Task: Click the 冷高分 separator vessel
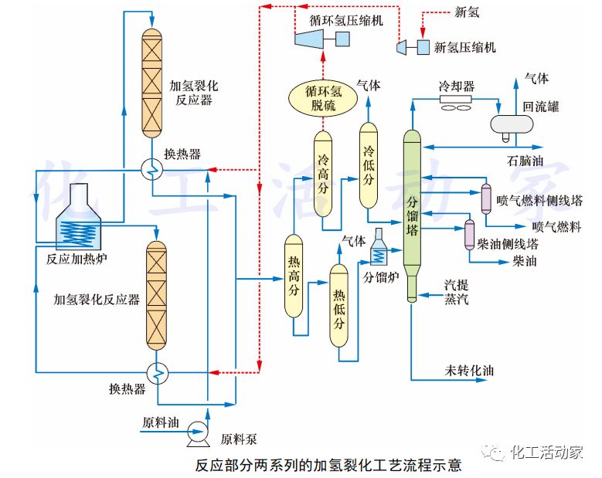click(x=323, y=174)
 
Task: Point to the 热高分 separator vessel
click(x=293, y=276)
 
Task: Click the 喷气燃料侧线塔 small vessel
click(x=487, y=198)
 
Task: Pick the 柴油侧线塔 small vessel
click(x=469, y=235)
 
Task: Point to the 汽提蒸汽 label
click(x=456, y=292)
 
